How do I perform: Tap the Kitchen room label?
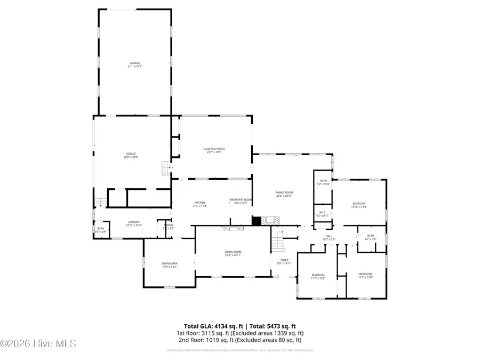click(199, 203)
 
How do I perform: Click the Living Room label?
click(233, 252)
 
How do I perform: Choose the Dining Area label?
click(170, 263)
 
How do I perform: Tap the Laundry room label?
click(133, 222)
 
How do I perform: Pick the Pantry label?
click(169, 226)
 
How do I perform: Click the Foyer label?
click(283, 260)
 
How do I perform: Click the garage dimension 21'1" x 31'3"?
click(134, 67)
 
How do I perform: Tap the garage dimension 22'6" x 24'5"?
click(131, 157)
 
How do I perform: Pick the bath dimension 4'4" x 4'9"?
click(101, 232)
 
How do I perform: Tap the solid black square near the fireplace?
click(256, 220)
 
